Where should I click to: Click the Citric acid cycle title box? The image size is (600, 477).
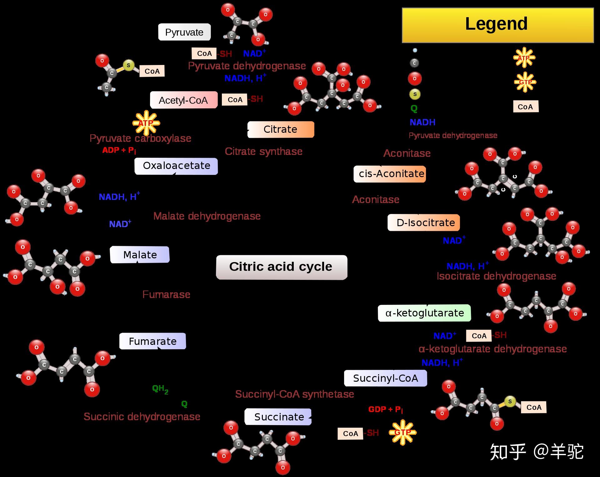tap(281, 267)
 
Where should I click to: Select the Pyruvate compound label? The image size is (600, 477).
tap(184, 32)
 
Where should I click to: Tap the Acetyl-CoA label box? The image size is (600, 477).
tap(183, 100)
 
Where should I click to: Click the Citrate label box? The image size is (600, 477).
tap(281, 129)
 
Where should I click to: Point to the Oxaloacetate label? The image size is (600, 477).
tap(176, 166)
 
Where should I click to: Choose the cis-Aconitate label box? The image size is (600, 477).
tap(390, 174)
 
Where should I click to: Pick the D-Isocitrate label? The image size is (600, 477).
tap(424, 223)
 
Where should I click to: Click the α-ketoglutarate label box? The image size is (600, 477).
tap(424, 313)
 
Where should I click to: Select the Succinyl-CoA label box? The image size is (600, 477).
tap(385, 378)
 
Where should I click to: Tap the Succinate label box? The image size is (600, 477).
tap(278, 417)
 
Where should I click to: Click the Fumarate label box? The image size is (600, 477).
tap(152, 341)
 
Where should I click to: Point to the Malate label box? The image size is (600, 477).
tap(140, 255)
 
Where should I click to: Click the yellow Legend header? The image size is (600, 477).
tap(497, 25)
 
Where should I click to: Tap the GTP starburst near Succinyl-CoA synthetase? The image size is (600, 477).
tap(402, 433)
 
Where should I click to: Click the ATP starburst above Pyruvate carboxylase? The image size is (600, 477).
tap(146, 123)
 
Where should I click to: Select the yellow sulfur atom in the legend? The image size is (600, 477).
tap(415, 94)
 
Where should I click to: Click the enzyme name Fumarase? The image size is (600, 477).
tap(166, 295)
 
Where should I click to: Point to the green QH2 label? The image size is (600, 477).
tap(160, 389)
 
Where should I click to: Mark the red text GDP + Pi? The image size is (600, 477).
tap(385, 410)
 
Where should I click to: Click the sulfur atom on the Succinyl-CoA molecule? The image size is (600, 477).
tap(510, 401)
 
